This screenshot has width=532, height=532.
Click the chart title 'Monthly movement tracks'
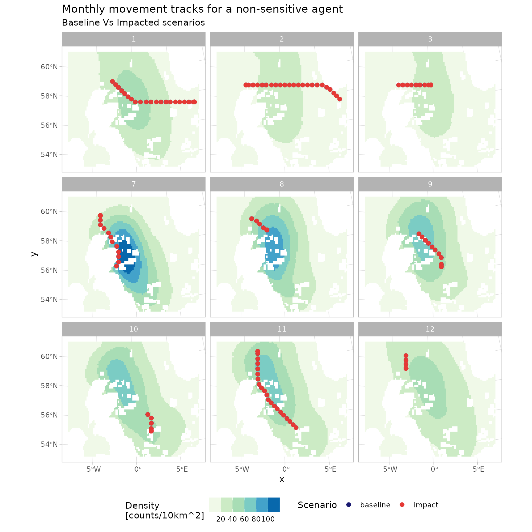(x=202, y=9)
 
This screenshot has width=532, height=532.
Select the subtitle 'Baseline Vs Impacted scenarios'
(x=133, y=23)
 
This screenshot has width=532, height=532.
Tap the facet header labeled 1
(x=134, y=39)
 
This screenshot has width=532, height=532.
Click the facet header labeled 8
(x=282, y=184)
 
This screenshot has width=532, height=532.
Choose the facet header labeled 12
(x=430, y=329)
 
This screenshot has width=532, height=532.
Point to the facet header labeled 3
(x=430, y=39)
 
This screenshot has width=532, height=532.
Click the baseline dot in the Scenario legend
(x=349, y=505)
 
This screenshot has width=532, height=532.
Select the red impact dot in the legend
(x=402, y=505)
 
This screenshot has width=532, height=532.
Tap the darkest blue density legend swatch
(x=274, y=505)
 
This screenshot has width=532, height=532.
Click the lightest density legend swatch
(x=215, y=505)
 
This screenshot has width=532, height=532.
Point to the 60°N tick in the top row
(x=49, y=67)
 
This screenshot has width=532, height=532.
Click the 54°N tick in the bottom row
(x=49, y=444)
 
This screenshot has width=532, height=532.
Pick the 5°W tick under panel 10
(x=94, y=469)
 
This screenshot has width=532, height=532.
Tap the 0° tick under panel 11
(x=286, y=469)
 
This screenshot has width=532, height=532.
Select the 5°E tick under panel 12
(x=478, y=469)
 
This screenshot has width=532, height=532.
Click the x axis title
(x=282, y=479)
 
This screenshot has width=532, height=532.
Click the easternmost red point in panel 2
(x=340, y=99)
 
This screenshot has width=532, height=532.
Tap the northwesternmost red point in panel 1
(x=112, y=82)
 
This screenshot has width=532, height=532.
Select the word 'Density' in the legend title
(x=142, y=506)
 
